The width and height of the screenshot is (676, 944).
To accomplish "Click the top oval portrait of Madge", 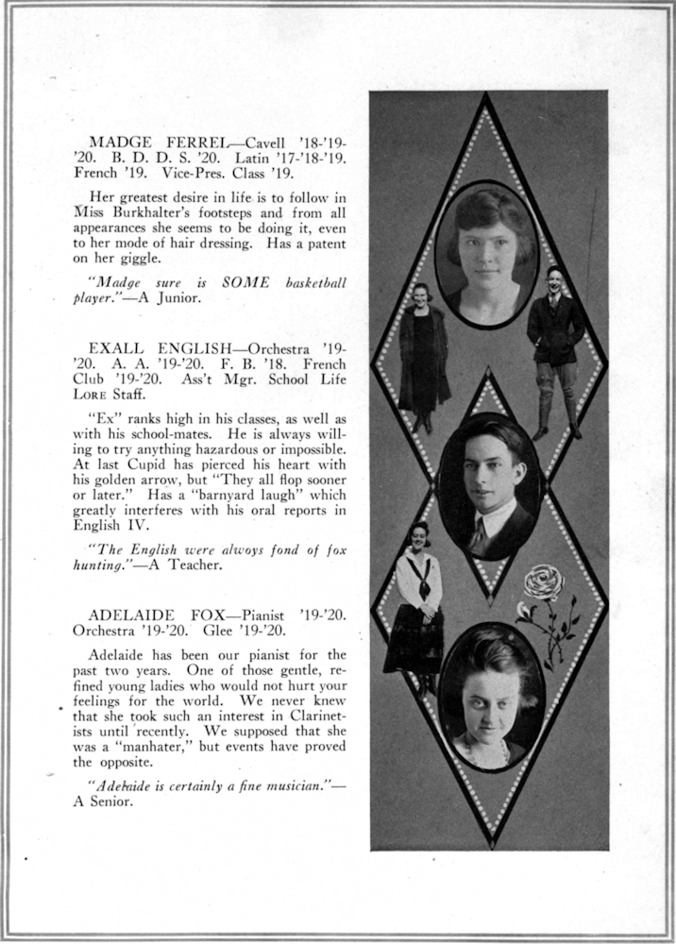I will tap(486, 254).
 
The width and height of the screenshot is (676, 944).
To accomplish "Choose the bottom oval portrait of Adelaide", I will tap(491, 697).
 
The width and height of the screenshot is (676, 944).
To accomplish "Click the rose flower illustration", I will tap(545, 585).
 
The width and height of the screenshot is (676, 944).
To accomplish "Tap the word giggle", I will tap(139, 258).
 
